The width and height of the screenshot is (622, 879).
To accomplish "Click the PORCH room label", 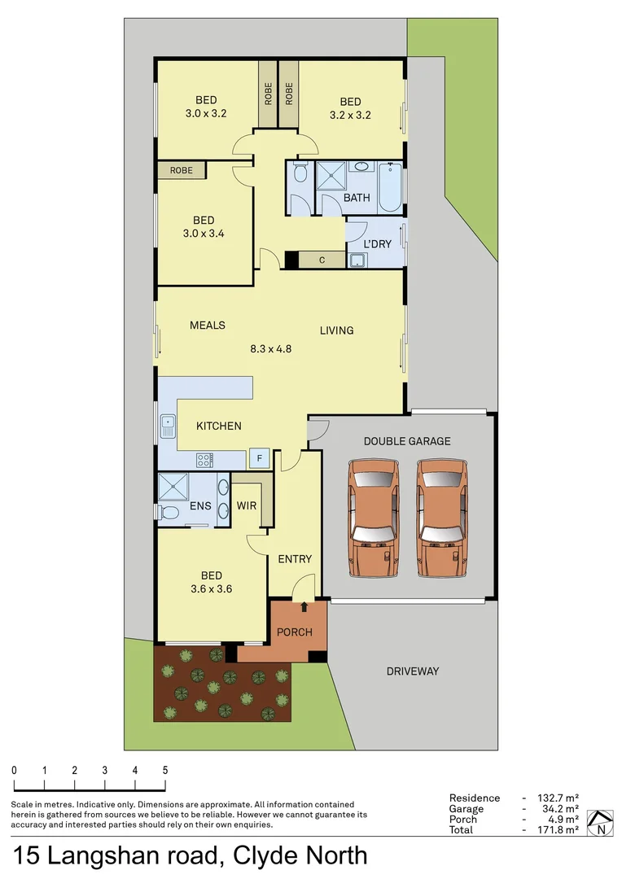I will click(295, 632).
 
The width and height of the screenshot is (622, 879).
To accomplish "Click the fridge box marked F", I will click(259, 457).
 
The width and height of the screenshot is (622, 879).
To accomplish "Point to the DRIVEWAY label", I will click(412, 671).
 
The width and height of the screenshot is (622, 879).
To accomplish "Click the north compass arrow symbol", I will click(601, 823).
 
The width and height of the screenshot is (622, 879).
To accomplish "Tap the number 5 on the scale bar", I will click(165, 770).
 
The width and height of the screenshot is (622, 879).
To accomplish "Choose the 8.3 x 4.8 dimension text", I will click(270, 348).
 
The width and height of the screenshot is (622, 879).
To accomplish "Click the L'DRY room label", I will click(377, 244).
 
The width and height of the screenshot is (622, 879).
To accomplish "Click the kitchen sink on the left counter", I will click(169, 423).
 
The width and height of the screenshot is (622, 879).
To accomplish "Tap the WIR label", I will click(247, 505).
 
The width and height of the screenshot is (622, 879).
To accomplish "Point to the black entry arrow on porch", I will click(304, 606).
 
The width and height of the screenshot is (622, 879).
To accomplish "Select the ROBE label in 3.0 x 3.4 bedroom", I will click(181, 170).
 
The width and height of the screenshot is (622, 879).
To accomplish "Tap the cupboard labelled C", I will click(322, 260).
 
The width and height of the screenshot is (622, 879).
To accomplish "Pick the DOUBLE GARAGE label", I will click(407, 441).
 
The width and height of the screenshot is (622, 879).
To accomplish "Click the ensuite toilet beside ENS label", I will click(169, 512).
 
